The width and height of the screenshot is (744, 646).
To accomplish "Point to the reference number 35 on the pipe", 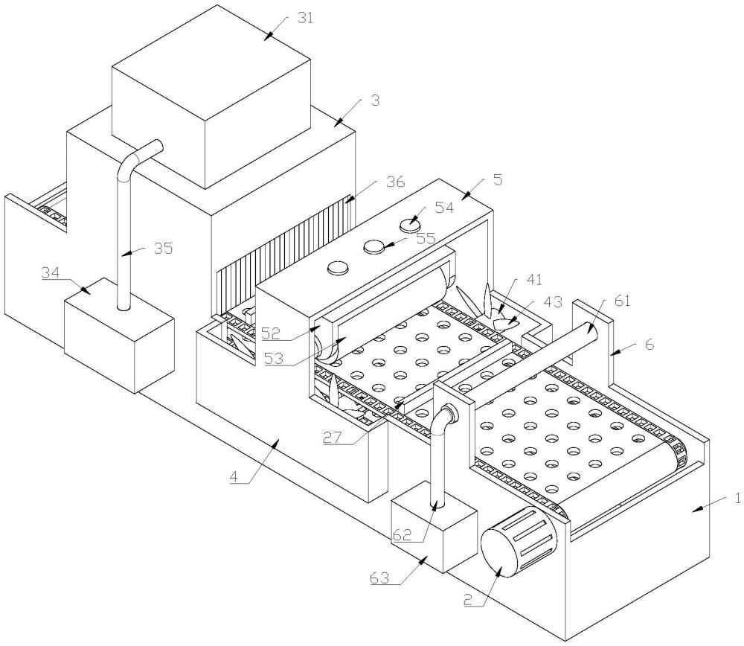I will coord(163,248).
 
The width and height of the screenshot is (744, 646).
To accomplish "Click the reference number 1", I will coord(737,498).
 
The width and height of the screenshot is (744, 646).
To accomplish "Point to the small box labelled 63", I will coord(435,528).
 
